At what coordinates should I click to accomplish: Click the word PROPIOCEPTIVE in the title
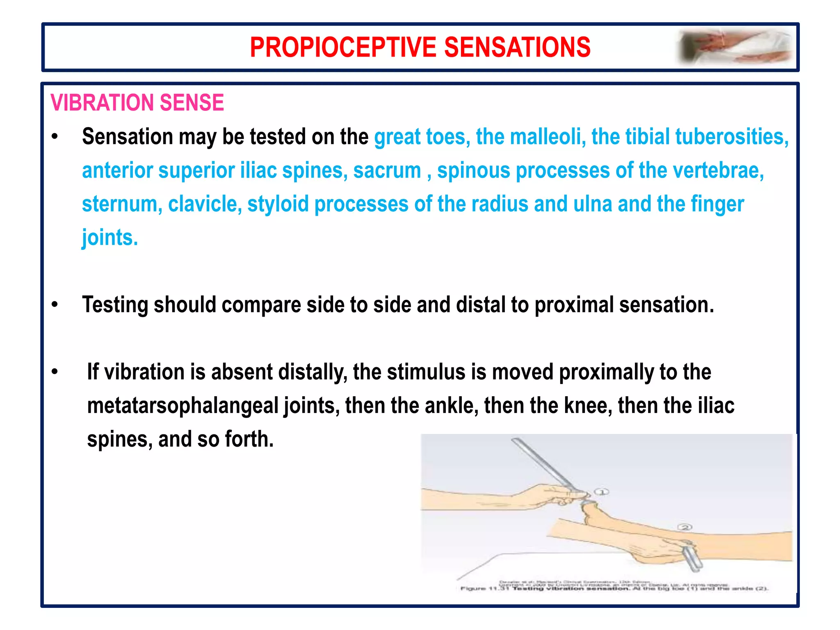click(x=344, y=47)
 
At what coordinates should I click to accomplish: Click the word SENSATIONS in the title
click(x=517, y=47)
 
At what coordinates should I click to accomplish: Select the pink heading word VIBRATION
click(x=102, y=103)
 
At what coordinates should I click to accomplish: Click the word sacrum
click(x=387, y=170)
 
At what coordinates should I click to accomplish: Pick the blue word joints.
click(x=110, y=237)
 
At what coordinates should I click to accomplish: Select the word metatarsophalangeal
click(x=183, y=406)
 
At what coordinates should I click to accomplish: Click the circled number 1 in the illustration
click(x=602, y=492)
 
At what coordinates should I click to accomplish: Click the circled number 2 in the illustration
click(x=685, y=527)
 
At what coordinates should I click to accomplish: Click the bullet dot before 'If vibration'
click(x=55, y=372)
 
